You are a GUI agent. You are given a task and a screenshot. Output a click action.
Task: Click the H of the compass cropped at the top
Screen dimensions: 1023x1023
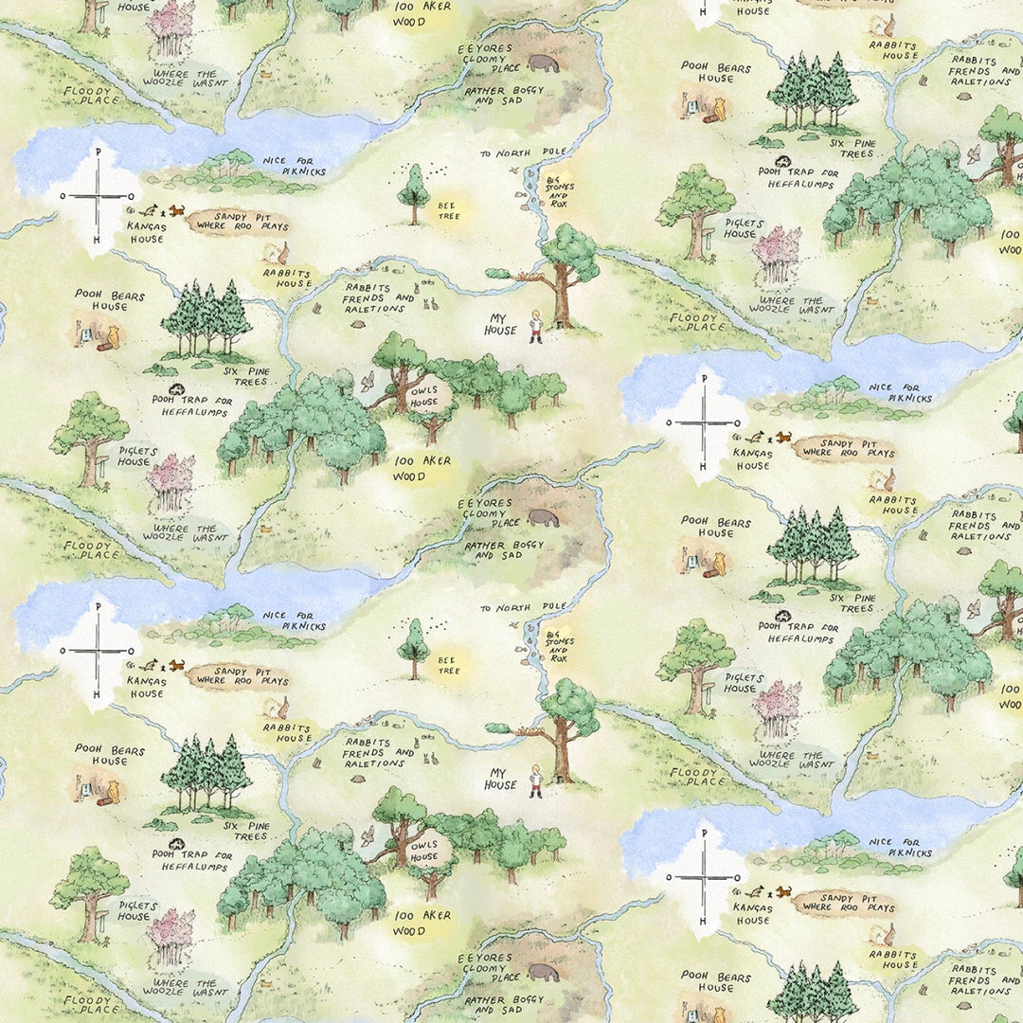point(702,10)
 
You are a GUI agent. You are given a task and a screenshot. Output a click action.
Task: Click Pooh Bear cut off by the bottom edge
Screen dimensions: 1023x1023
point(716,1010)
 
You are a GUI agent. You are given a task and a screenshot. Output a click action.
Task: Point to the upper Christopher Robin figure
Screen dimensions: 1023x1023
point(536,326)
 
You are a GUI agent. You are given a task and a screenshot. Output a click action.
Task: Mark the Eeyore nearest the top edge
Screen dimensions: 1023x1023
point(543,63)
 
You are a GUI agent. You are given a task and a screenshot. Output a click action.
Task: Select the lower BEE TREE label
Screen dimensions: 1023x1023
point(447,665)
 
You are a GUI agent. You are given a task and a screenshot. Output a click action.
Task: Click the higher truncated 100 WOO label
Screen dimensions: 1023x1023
point(1011,242)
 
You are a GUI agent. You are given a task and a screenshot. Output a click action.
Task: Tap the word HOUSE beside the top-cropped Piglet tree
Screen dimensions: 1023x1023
point(134,7)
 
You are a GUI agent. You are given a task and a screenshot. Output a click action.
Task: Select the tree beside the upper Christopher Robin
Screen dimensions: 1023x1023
point(565,270)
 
